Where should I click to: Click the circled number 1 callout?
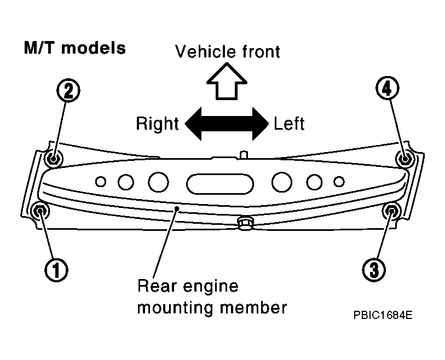pyautogui.click(x=56, y=270)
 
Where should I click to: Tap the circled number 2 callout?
pyautogui.click(x=68, y=90)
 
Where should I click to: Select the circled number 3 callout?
pyautogui.click(x=374, y=270)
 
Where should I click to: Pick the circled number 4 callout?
pyautogui.click(x=388, y=89)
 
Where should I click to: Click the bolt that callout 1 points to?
pyautogui.click(x=41, y=211)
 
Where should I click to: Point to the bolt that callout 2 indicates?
pyautogui.click(x=54, y=158)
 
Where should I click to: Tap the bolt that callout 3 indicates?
pyautogui.click(x=392, y=211)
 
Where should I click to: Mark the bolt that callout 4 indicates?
pyautogui.click(x=405, y=158)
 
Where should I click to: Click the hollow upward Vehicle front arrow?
pyautogui.click(x=227, y=82)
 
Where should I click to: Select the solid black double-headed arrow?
pyautogui.click(x=227, y=124)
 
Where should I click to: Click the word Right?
pyautogui.click(x=157, y=124)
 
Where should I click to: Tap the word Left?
pyautogui.click(x=289, y=124)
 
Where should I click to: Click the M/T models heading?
pyautogui.click(x=75, y=48)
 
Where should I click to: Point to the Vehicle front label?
pyautogui.click(x=227, y=51)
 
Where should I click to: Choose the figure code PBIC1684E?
pyautogui.click(x=383, y=315)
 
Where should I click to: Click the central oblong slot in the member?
pyautogui.click(x=220, y=183)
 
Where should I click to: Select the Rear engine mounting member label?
pyautogui.click(x=212, y=297)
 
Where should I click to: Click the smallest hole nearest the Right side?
pyautogui.click(x=101, y=182)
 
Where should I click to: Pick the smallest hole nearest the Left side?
pyautogui.click(x=339, y=182)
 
